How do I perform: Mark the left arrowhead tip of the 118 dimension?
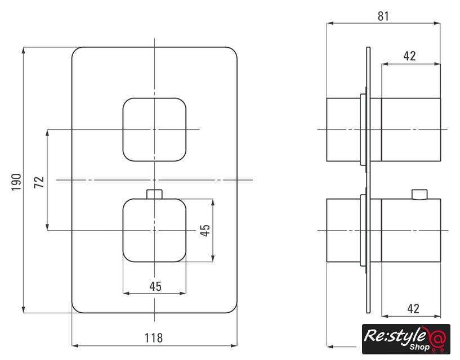pos(72,345)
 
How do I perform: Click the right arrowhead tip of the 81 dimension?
pos(440,23)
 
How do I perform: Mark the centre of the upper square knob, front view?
pos(154,129)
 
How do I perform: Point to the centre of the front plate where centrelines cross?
pos(154,179)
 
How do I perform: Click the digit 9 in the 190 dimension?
pos(16,182)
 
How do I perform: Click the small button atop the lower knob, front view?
pos(154,194)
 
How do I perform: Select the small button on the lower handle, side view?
pos(419,195)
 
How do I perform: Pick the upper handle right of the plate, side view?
pos(410,129)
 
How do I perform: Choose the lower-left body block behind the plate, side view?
pos(343,231)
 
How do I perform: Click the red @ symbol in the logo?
pos(437,339)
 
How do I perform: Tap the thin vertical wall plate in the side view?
pos(368,180)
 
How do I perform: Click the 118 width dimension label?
pos(154,337)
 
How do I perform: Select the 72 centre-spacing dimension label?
pos(39,182)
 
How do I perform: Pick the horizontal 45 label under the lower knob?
pos(155,286)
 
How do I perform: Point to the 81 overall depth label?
pos(383,16)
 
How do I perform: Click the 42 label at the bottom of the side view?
pos(413,308)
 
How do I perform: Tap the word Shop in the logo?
pos(419,347)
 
